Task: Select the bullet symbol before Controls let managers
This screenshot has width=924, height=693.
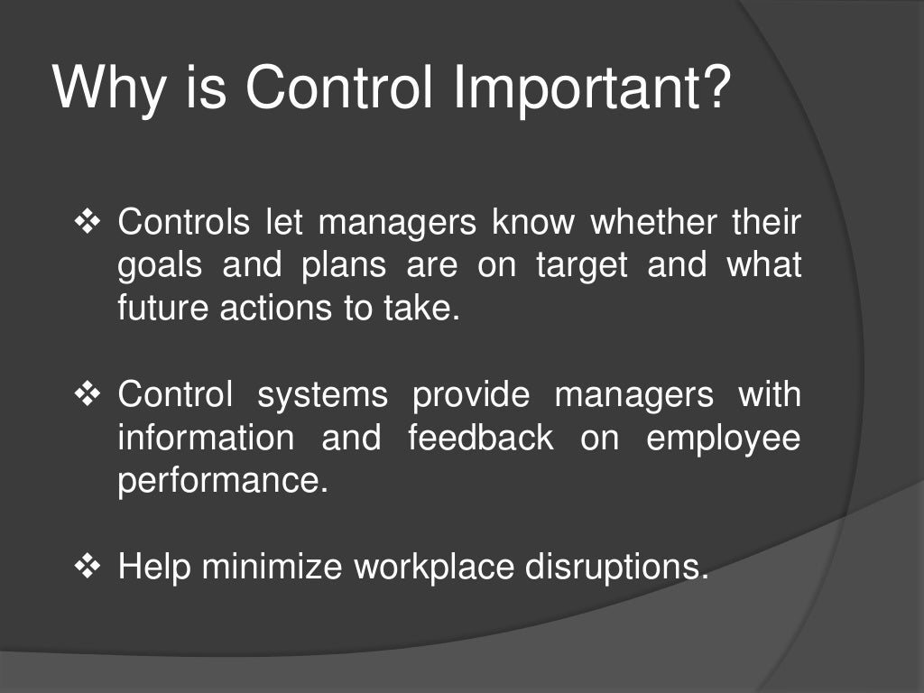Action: click(x=88, y=222)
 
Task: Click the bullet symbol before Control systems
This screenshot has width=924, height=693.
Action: click(x=88, y=394)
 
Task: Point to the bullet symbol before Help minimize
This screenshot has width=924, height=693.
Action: click(x=88, y=567)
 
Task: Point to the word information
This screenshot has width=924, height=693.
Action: click(x=206, y=438)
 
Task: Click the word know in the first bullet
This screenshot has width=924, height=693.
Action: click(x=534, y=222)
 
